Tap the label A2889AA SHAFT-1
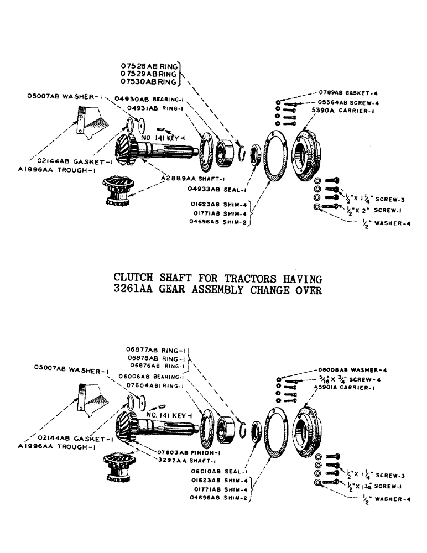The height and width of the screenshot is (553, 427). [x=186, y=179]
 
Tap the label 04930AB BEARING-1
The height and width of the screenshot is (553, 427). [x=149, y=98]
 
